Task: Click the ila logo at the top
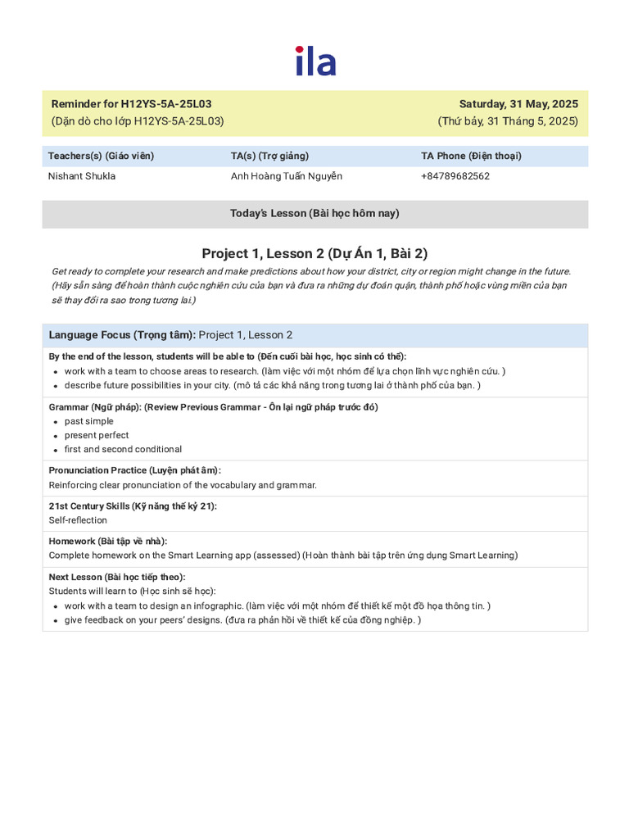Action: click(315, 62)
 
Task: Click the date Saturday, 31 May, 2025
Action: click(518, 104)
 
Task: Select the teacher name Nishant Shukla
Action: click(82, 176)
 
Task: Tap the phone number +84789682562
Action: click(455, 176)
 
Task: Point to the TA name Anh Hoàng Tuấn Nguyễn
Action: click(287, 176)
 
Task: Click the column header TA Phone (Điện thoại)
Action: click(471, 156)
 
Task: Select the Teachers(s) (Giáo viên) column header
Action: click(101, 156)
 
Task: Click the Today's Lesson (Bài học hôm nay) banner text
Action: click(314, 213)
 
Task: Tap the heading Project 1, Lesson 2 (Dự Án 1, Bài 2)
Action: click(314, 253)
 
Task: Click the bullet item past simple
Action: click(89, 421)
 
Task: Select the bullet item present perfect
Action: click(97, 435)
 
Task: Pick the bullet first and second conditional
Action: click(123, 449)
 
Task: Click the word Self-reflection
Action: click(78, 520)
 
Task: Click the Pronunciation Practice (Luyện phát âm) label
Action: click(134, 470)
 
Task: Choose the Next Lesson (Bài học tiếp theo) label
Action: click(117, 577)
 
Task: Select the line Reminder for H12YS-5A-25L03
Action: click(131, 104)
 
